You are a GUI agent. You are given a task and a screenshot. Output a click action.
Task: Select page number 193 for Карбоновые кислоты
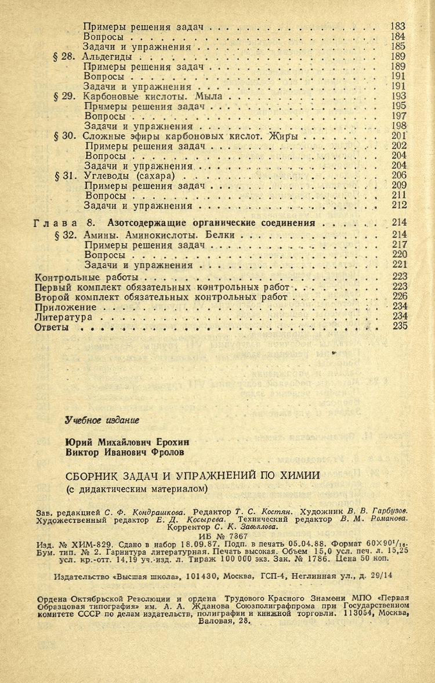click(x=398, y=96)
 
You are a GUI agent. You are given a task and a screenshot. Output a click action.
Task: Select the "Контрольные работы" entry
click(x=74, y=277)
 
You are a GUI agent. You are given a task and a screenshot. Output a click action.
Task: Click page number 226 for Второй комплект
click(x=399, y=297)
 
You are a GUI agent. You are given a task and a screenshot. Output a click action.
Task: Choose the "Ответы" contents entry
click(x=53, y=327)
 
